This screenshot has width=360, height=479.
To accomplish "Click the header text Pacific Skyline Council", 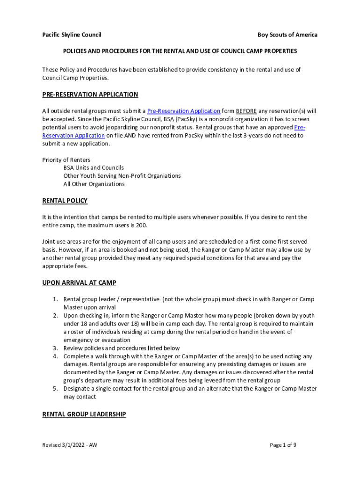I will (x=72, y=35).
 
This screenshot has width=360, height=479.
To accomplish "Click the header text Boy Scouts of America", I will (x=287, y=35).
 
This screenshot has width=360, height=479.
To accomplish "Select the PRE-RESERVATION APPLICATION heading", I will (x=90, y=94).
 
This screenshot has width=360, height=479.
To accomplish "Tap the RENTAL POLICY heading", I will (x=65, y=201).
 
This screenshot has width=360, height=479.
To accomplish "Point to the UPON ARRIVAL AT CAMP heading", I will (x=79, y=283).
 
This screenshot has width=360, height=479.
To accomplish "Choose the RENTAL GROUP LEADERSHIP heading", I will (x=84, y=414).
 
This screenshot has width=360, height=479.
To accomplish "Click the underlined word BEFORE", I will (x=246, y=111).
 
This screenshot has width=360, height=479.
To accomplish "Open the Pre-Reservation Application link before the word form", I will (x=184, y=111).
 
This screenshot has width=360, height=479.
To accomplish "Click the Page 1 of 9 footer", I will (x=283, y=445).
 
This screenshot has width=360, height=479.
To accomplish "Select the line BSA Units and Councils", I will (x=94, y=167).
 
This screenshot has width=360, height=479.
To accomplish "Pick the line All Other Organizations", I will (x=94, y=184).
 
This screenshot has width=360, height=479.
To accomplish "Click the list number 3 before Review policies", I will (x=55, y=348).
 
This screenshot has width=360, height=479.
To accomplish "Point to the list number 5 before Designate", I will (x=55, y=389).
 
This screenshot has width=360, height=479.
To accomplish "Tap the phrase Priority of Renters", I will (x=66, y=160).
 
